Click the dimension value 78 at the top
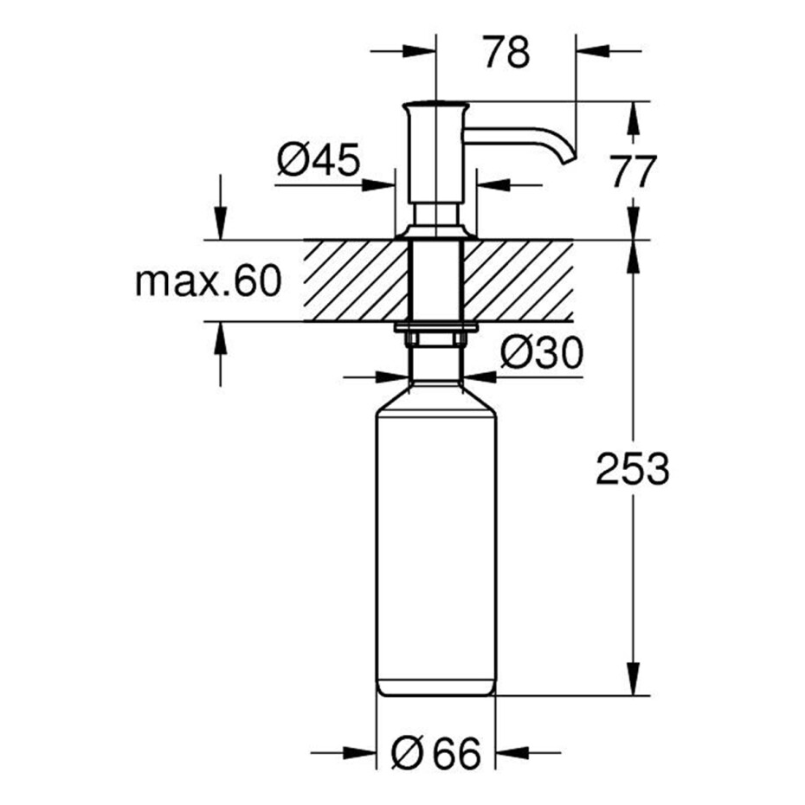tap(506, 51)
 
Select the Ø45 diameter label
tap(319, 159)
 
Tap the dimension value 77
tap(633, 171)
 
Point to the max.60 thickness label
tap(209, 280)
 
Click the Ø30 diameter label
tap(542, 352)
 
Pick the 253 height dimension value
tap(633, 468)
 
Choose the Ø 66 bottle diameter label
tap(436, 754)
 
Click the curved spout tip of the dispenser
tap(570, 159)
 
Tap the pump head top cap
tap(435, 106)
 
